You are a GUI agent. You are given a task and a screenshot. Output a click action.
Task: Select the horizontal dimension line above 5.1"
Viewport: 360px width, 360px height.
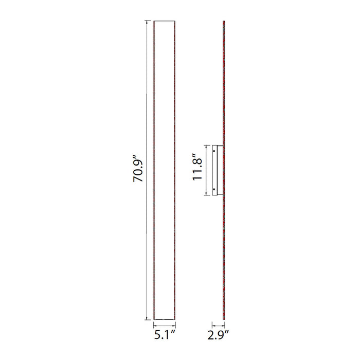(165, 325)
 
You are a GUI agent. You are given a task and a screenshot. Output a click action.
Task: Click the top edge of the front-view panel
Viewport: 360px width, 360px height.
(165, 21)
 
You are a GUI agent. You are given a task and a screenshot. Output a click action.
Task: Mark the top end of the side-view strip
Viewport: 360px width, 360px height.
(224, 22)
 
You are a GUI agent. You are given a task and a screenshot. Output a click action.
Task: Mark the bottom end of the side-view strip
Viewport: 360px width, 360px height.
(224, 319)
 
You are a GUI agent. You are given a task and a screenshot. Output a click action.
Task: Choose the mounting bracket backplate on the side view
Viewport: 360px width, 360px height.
(220, 170)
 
